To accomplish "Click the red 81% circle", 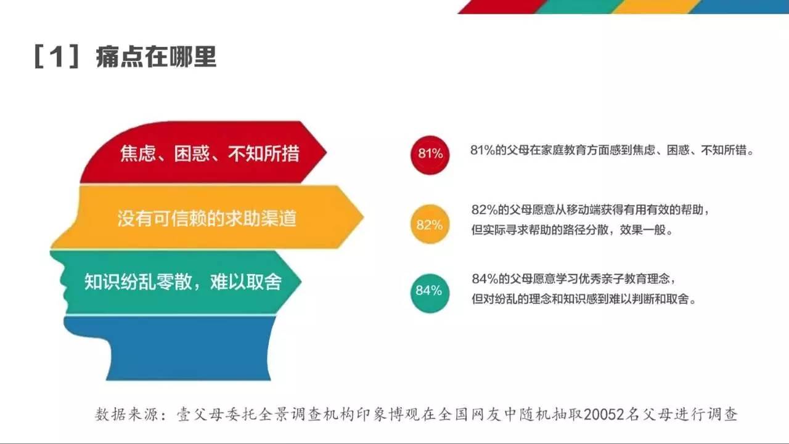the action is point(430,155).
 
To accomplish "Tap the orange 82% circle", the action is point(430,224).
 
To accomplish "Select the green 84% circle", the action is point(430,293).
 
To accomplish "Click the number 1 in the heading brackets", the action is point(56,57).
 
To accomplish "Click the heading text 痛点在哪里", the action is point(156,57).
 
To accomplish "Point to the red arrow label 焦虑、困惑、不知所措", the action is point(210,153).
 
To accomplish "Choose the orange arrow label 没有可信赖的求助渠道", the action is point(206,218).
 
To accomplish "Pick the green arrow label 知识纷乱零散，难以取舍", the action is point(183,282).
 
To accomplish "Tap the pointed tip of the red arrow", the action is point(327,152).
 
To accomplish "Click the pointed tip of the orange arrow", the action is point(364,216).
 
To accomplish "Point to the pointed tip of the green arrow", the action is point(301,281).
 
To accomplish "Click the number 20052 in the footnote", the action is point(603,414).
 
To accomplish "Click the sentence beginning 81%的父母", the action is point(612,150).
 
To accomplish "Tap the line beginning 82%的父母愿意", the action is point(591,210).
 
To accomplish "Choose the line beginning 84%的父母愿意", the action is point(574,278).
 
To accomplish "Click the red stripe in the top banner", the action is point(502,7).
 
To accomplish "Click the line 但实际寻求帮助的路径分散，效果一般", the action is point(572,230).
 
